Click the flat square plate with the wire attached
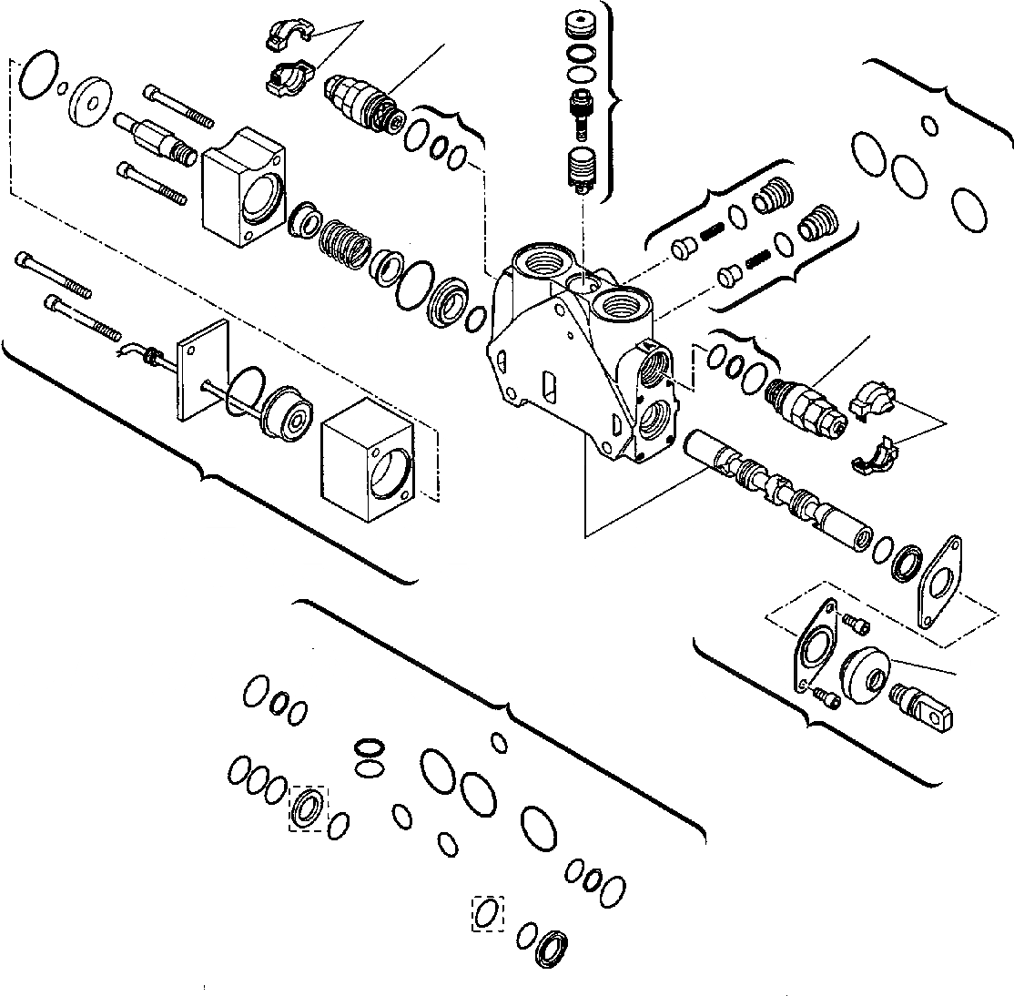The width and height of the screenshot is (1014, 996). coord(204,371)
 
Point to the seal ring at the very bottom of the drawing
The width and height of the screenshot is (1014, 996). coord(553,947)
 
